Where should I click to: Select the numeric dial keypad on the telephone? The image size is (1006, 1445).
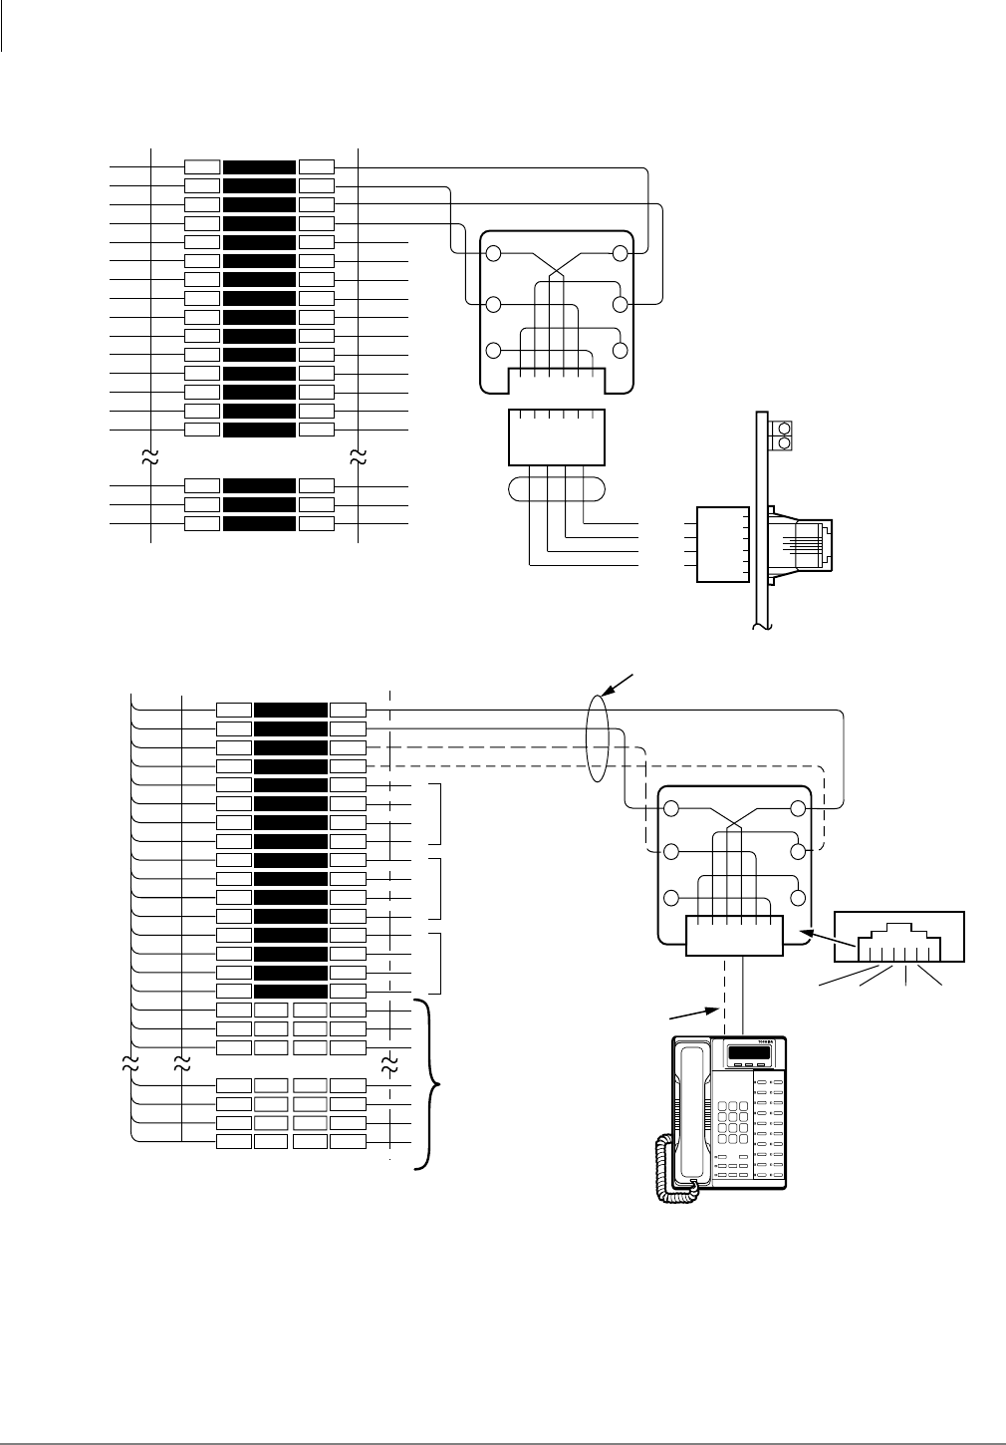(731, 1122)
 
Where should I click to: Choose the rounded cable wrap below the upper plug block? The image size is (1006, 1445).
(557, 489)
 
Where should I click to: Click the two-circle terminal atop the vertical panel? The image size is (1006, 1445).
(783, 433)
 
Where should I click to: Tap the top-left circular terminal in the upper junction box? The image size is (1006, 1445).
(494, 253)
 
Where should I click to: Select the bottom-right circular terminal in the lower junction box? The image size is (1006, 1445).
(797, 896)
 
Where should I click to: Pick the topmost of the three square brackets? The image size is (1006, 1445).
(439, 813)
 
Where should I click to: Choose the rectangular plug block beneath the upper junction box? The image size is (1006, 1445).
(556, 436)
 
